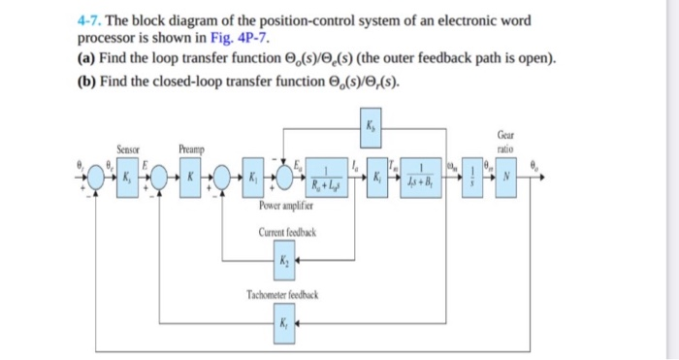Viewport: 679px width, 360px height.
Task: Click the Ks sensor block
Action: click(x=128, y=179)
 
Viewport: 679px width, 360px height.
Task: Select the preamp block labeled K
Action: click(x=192, y=179)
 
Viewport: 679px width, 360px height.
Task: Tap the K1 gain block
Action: click(x=253, y=179)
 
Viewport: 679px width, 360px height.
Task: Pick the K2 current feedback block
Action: click(x=284, y=260)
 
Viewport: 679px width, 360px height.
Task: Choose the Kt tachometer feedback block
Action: click(x=284, y=321)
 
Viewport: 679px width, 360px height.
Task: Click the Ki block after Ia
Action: click(x=372, y=179)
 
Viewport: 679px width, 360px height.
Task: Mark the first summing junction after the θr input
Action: click(x=95, y=179)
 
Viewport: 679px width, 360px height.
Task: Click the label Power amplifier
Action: click(x=285, y=206)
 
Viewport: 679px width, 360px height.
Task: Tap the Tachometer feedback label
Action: click(x=284, y=294)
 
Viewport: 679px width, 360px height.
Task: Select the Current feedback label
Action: click(x=284, y=233)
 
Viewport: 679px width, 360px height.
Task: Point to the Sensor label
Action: click(x=128, y=149)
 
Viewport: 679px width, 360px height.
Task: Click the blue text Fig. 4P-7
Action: click(x=246, y=39)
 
